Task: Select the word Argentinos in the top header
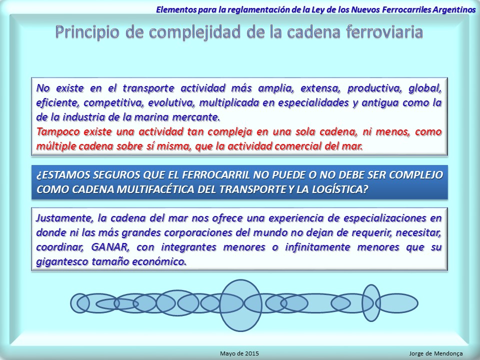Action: pos(454,9)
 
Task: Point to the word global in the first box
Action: pos(425,88)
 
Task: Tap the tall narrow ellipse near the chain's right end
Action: pos(371,285)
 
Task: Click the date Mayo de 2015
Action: pos(239,353)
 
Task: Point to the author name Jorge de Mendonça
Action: pos(436,353)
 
